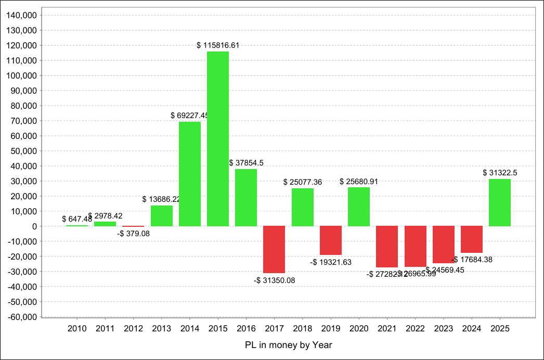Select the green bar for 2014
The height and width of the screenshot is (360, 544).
[190, 174]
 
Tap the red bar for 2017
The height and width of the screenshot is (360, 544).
[274, 249]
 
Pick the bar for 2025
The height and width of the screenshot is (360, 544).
[500, 202]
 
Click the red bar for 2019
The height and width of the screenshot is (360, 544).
[331, 240]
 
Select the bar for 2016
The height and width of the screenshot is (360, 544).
[246, 198]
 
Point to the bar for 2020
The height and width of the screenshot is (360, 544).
[359, 207]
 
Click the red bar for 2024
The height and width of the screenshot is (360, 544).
[472, 239]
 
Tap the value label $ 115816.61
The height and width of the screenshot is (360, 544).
[218, 45]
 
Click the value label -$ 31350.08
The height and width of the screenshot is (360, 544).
[274, 280]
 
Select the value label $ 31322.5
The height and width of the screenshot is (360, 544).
[500, 173]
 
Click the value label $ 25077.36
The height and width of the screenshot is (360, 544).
[303, 182]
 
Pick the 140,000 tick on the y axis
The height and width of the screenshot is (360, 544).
[21, 16]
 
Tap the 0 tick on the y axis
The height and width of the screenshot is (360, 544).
[33, 226]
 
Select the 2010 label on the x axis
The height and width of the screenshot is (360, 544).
[77, 328]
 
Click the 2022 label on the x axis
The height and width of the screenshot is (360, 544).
[416, 328]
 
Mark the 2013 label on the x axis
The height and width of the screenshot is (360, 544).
[162, 328]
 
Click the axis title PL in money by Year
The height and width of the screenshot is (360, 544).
[288, 345]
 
